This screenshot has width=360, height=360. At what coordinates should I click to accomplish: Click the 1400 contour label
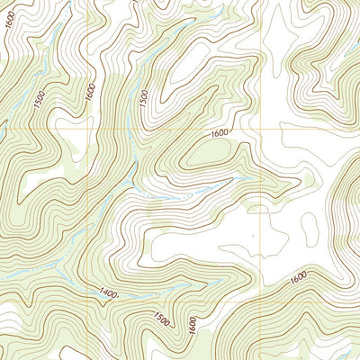pos(109,292)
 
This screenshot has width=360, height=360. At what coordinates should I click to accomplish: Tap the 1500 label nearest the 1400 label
pos(162,320)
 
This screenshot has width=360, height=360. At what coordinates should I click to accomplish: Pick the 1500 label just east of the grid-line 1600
pos(143,100)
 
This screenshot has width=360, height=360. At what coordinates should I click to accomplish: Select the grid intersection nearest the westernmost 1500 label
pos(87,129)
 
